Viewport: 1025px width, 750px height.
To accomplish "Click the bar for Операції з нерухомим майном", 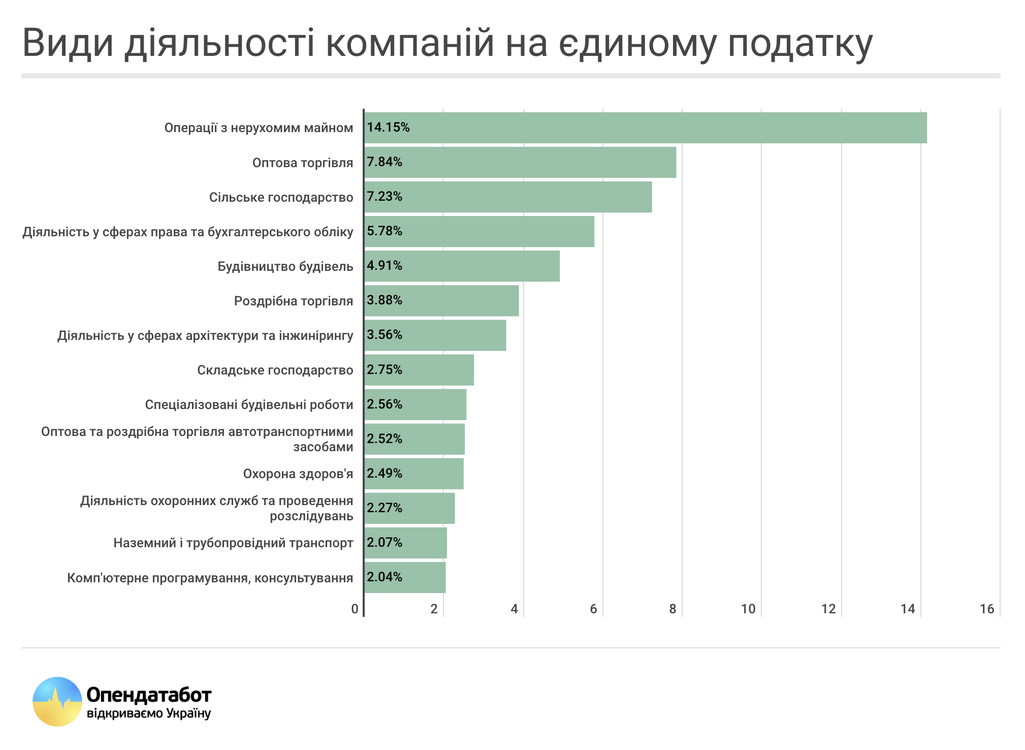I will click(x=645, y=128).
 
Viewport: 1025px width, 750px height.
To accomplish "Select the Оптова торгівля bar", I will click(x=520, y=163).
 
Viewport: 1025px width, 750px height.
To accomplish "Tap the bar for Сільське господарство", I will click(x=508, y=197).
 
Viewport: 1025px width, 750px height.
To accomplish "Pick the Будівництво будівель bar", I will click(x=462, y=266).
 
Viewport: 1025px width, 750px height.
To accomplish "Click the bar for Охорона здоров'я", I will click(x=414, y=474).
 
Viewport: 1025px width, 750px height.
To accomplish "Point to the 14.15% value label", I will click(x=388, y=127).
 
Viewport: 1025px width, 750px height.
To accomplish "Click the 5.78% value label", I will click(x=385, y=231).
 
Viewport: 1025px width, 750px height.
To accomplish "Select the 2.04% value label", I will click(x=385, y=577).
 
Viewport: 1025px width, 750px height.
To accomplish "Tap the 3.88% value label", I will click(x=385, y=300).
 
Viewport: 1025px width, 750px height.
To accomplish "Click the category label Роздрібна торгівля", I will click(x=293, y=301).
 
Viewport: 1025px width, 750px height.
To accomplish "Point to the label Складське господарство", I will click(x=275, y=370).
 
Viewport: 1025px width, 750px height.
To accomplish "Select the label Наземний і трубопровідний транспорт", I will click(x=233, y=543).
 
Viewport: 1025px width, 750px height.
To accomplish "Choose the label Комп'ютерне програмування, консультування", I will click(x=210, y=578).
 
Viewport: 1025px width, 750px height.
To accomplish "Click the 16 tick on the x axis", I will click(x=986, y=609).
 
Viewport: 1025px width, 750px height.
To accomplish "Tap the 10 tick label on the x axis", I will click(x=748, y=609).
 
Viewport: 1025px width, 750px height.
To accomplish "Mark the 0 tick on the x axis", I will click(x=355, y=609).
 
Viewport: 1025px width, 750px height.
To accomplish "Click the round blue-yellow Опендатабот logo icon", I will click(x=57, y=701).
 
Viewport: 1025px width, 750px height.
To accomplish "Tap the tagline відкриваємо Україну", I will click(x=149, y=713).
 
